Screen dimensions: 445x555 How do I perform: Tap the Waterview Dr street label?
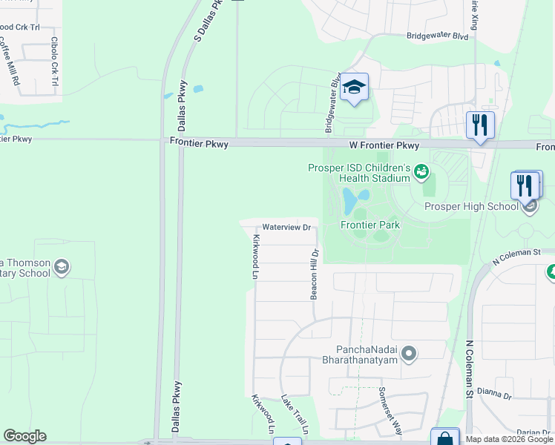286,228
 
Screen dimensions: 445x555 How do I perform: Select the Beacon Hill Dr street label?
315,274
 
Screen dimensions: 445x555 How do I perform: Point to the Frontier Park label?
370,225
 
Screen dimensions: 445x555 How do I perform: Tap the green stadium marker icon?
421,173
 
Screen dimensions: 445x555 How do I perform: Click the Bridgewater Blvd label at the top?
437,36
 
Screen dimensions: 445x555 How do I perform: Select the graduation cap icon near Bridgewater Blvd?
355,88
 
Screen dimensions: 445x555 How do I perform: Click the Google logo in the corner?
24,436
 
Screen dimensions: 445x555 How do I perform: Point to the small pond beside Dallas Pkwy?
198,90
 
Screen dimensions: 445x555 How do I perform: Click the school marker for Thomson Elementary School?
62,267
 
